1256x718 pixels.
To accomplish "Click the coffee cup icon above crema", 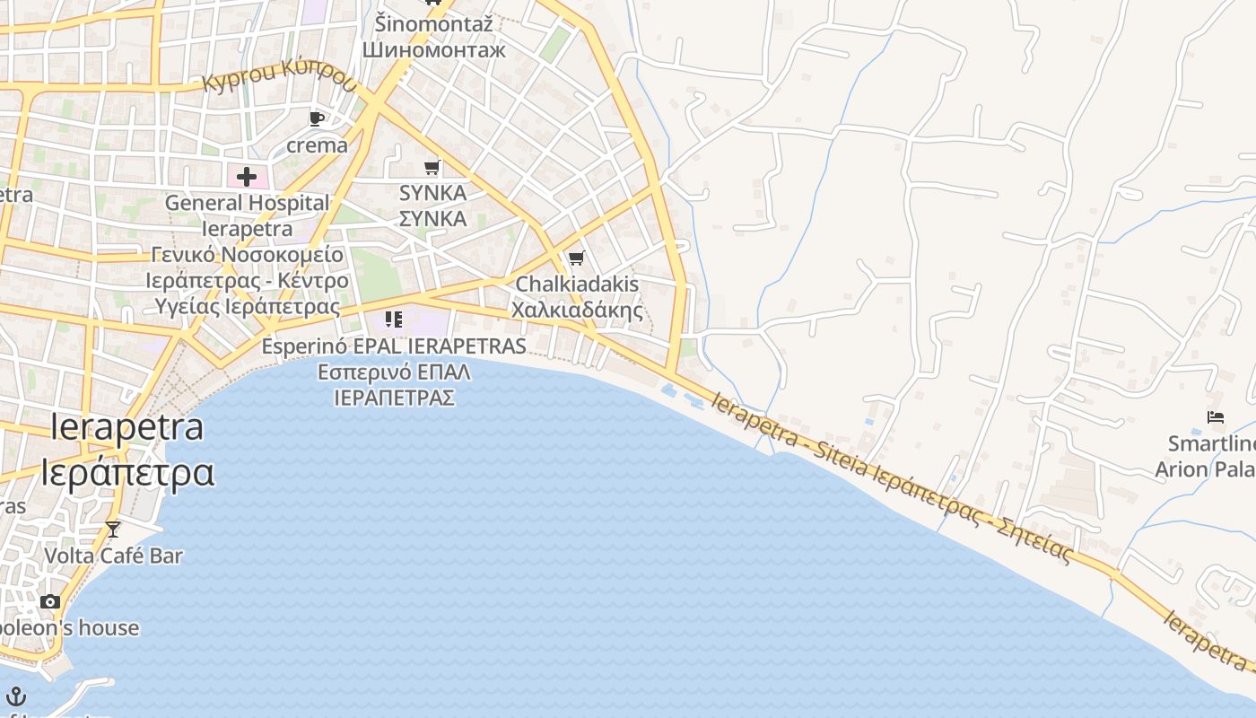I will pos(316,118).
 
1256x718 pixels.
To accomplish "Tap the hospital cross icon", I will pos(246,176).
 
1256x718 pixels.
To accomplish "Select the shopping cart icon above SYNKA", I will pos(432,167).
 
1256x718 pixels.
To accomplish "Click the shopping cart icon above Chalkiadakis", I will pos(577,258).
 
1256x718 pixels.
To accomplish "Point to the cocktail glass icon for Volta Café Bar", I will pos(113,530).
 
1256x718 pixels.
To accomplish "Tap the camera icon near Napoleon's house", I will pos(50,601).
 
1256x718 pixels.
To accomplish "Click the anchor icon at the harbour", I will pos(16,696).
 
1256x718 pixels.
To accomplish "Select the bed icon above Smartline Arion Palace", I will pos(1216,417).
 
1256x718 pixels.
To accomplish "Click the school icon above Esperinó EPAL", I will pos(393,319).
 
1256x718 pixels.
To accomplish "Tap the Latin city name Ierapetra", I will pos(126,427).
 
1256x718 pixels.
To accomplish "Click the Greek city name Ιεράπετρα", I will pos(126,472).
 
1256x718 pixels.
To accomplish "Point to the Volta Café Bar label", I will pos(114,556).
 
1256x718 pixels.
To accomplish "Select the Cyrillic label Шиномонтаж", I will pos(434,49).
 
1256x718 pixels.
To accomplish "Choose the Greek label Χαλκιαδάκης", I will pos(577,311).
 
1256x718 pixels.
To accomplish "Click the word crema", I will pos(317,144).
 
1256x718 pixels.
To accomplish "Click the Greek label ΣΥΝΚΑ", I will pos(432,218).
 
